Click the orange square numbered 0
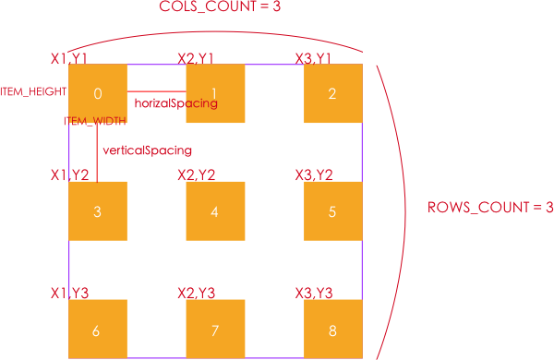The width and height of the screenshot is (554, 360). pyautogui.click(x=98, y=93)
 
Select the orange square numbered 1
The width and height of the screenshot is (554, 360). pyautogui.click(x=215, y=93)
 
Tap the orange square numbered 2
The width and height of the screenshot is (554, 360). pyautogui.click(x=332, y=93)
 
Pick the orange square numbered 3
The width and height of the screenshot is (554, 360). pyautogui.click(x=98, y=210)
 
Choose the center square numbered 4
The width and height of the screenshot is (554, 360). pyautogui.click(x=215, y=210)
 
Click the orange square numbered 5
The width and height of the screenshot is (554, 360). pyautogui.click(x=332, y=210)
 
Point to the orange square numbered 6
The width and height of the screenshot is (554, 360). pyautogui.click(x=98, y=329)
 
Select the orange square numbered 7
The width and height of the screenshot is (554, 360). pyautogui.click(x=215, y=329)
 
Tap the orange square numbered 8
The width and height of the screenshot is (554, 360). pyautogui.click(x=332, y=329)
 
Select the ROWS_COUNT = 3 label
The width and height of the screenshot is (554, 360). pyautogui.click(x=489, y=207)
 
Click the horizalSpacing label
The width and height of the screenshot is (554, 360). pyautogui.click(x=175, y=104)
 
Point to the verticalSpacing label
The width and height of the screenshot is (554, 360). pyautogui.click(x=148, y=150)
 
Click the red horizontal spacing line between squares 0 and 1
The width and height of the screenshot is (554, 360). pyautogui.click(x=157, y=92)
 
